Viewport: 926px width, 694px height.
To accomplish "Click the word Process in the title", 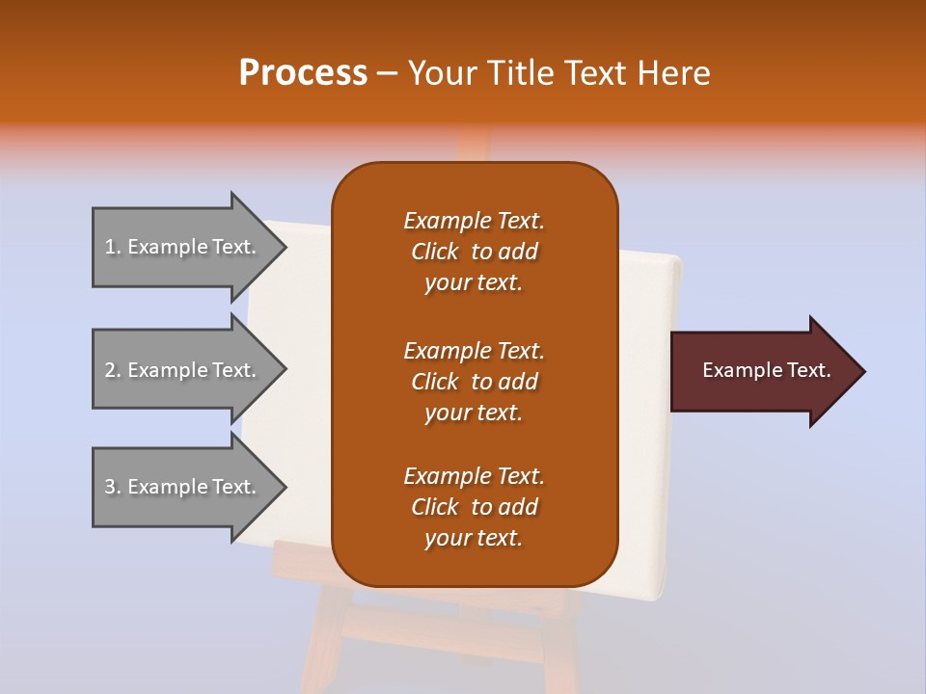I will coord(303,73).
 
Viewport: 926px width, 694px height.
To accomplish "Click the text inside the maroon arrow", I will coord(767,370).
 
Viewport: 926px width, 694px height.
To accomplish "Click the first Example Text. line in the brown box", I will coord(474,221).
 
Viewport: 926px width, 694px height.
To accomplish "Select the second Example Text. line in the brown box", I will coord(474,351).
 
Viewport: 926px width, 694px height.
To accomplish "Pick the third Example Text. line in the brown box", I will coord(474,476).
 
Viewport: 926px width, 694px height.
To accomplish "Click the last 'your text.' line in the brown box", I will coord(474,539).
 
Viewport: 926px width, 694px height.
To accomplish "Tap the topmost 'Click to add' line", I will coord(474,252).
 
